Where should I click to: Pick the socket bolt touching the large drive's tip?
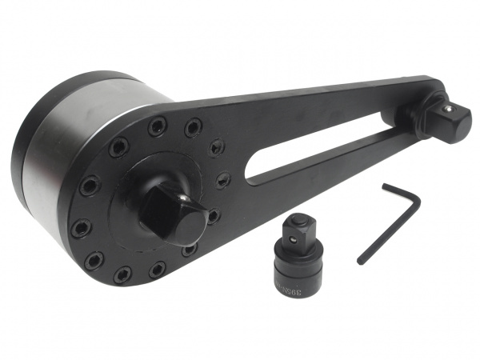pyautogui.click(x=214, y=215)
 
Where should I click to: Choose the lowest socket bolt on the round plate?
pyautogui.click(x=122, y=275)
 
